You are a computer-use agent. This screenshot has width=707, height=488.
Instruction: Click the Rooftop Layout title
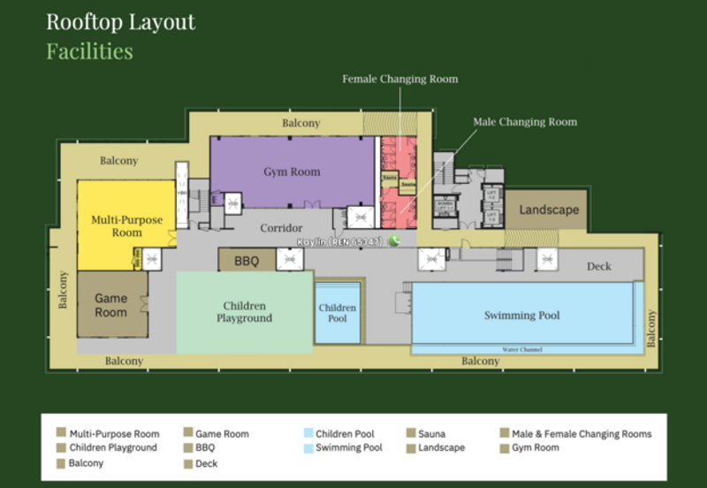(120, 22)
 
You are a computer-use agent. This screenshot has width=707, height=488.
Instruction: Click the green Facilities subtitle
(89, 51)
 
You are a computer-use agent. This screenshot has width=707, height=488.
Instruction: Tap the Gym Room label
(292, 172)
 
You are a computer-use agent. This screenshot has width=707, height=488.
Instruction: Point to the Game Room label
(111, 305)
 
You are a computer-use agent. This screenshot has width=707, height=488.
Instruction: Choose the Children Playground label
(244, 312)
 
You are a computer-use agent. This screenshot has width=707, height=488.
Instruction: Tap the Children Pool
(338, 313)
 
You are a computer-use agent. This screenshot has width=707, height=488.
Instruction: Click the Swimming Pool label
(521, 316)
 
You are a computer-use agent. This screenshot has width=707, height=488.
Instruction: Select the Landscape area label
(549, 210)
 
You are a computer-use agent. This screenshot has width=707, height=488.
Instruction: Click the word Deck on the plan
(599, 266)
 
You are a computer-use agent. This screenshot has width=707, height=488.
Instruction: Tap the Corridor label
(281, 228)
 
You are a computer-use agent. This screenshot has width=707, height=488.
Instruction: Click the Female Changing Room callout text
(400, 80)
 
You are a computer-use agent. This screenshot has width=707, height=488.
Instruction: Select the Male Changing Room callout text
(524, 122)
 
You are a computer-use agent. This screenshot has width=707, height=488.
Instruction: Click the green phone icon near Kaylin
(394, 240)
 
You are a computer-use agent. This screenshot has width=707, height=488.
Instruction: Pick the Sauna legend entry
(432, 434)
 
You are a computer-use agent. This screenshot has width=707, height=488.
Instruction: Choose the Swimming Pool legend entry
(349, 448)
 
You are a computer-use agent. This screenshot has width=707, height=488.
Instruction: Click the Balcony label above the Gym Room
(300, 123)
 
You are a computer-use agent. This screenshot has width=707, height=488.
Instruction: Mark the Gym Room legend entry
(535, 448)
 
